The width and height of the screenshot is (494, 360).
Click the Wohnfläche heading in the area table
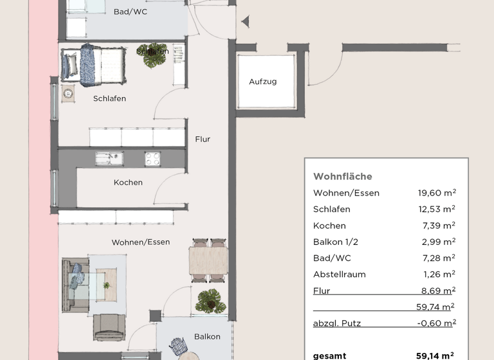[x=342, y=177]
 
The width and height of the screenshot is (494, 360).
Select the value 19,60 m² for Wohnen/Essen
[x=437, y=193]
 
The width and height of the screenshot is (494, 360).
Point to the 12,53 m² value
[x=437, y=209]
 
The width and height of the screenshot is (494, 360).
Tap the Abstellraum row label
[x=339, y=274]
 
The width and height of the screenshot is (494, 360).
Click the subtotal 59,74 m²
[x=436, y=307]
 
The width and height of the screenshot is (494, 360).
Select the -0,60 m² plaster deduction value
[x=436, y=323]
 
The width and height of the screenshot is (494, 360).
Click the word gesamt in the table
[x=329, y=355]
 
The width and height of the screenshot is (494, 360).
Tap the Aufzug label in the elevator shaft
[x=262, y=82]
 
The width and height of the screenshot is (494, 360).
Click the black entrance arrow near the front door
[x=244, y=22]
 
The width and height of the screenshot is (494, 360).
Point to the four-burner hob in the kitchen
[x=153, y=158]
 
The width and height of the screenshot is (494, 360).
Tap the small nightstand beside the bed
[x=68, y=93]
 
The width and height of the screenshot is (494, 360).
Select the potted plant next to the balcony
[x=210, y=301]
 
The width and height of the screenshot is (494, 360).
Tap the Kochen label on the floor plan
[x=128, y=183]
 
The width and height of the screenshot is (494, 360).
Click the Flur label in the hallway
[x=203, y=139]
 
